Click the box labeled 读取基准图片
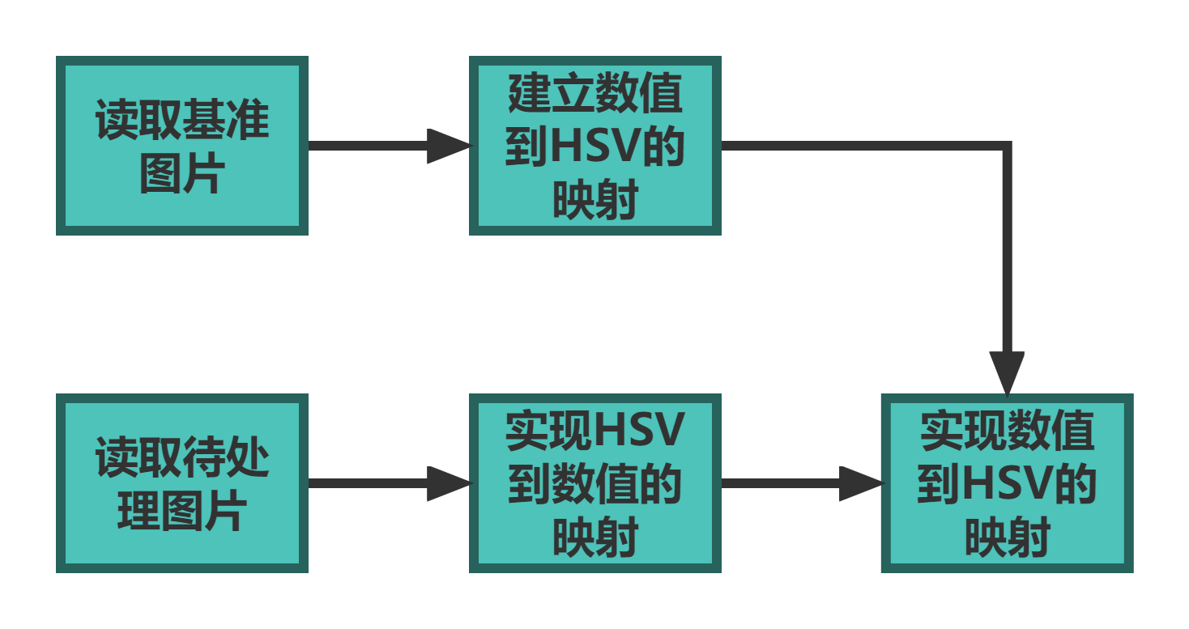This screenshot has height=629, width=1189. (x=181, y=146)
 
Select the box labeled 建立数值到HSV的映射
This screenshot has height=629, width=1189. (x=594, y=146)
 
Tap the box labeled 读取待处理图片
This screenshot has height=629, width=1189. (x=181, y=483)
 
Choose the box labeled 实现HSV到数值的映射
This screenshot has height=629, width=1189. (x=594, y=483)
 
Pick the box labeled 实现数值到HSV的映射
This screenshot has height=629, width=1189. (x=1007, y=483)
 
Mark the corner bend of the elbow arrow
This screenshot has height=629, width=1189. (x=1007, y=147)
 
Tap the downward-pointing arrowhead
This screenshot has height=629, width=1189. (x=1007, y=372)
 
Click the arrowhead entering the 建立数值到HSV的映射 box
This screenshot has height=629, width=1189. (x=449, y=146)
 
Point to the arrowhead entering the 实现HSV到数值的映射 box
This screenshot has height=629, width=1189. (x=449, y=483)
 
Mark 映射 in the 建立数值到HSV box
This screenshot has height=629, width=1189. (x=595, y=199)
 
